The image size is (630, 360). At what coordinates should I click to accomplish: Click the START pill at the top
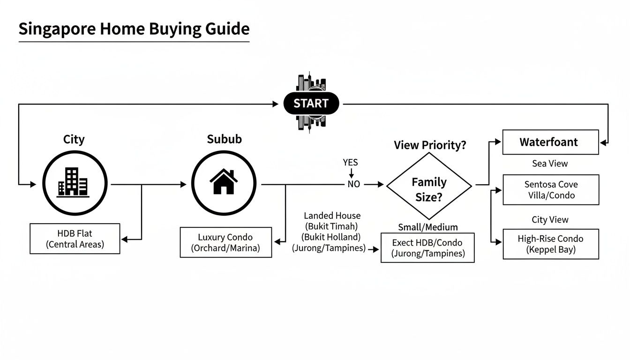[x=311, y=104]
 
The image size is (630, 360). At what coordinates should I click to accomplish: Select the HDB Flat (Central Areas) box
[x=75, y=239]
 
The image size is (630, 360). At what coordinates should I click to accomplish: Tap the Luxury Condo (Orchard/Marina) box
[x=226, y=242]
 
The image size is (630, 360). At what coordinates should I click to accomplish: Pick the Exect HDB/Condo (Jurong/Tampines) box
[x=427, y=248]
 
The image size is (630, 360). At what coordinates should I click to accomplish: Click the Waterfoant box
[x=550, y=142]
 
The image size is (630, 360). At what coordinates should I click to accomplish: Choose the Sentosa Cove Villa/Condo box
[x=551, y=190]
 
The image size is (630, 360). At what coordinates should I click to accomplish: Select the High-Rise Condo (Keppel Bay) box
[x=551, y=244]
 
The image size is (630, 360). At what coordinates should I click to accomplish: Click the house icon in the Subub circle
[x=224, y=182]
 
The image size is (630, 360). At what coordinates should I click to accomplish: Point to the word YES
[x=350, y=163]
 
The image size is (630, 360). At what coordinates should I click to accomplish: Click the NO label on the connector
[x=353, y=185]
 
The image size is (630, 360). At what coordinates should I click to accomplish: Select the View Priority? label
[x=430, y=145]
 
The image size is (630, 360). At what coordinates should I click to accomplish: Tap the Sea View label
[x=550, y=164]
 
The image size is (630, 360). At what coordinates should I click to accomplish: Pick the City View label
[x=550, y=219]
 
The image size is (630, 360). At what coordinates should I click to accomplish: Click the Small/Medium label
[x=427, y=227]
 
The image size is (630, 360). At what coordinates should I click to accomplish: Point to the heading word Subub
[x=224, y=139]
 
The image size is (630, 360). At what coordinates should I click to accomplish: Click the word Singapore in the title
[x=56, y=29]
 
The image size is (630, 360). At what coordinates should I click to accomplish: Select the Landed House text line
[x=332, y=216]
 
